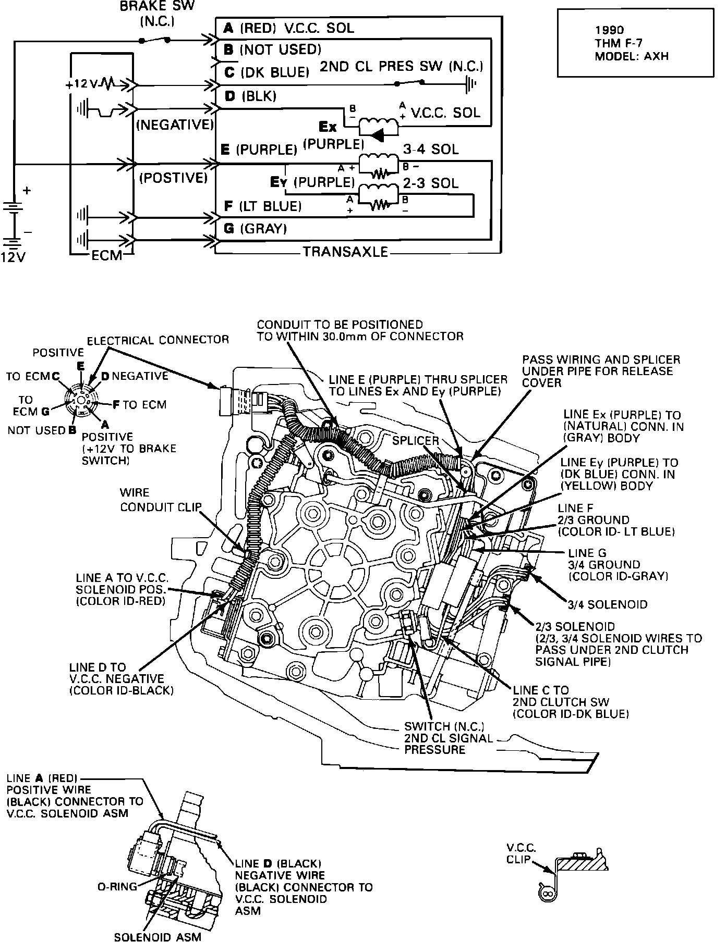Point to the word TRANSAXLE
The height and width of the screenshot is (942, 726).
346,252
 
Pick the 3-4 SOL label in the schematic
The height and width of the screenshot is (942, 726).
431,150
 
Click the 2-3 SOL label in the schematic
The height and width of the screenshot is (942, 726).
431,183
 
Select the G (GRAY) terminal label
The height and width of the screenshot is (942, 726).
255,229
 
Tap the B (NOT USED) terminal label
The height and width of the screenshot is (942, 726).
272,49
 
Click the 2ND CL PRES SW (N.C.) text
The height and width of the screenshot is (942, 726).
401,67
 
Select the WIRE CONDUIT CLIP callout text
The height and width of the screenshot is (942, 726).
160,500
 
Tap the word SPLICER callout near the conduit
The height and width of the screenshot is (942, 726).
416,440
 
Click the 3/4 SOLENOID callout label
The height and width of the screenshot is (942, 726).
608,604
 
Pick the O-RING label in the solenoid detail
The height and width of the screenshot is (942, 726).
118,886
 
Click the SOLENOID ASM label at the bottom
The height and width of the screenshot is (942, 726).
158,936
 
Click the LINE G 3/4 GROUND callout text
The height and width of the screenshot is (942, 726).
618,565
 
